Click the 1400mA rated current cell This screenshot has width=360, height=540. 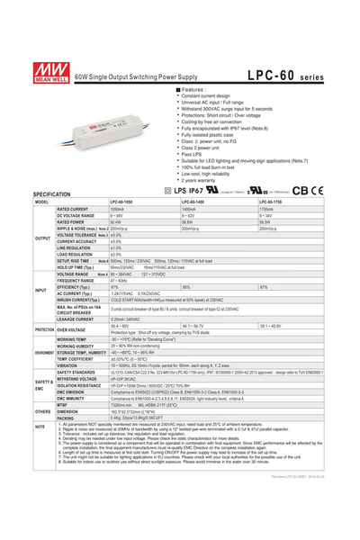tap(193, 210)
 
